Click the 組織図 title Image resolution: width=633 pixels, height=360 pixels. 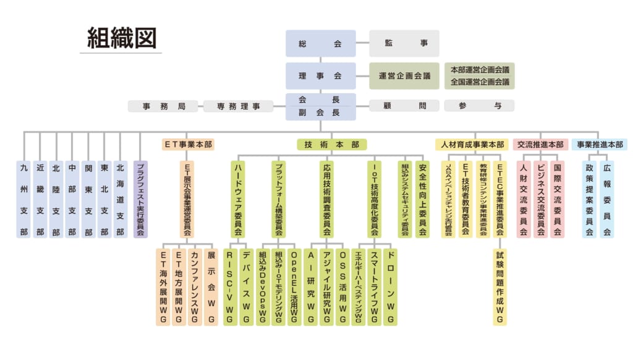tap(122, 38)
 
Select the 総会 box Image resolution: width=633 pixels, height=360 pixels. tap(320, 43)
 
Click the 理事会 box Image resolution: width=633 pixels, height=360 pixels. tap(320, 75)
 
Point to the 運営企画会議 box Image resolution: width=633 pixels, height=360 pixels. tap(404, 75)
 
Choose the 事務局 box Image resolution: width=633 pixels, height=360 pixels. tap(164, 106)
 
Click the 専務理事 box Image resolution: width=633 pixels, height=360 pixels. tap(239, 106)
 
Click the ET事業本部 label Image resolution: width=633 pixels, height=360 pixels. tap(188, 144)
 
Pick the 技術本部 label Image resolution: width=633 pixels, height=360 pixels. tap(331, 144)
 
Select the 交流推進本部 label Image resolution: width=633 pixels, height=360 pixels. tap(541, 144)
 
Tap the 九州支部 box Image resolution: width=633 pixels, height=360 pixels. tap(24, 199)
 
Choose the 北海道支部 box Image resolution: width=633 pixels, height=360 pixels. tap(121, 199)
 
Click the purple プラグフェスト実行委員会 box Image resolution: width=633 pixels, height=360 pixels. tap(140, 199)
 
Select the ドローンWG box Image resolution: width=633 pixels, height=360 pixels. tap(391, 287)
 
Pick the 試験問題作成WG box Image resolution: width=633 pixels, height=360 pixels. tap(500, 287)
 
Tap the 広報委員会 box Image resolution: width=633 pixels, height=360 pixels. tap(607, 199)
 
